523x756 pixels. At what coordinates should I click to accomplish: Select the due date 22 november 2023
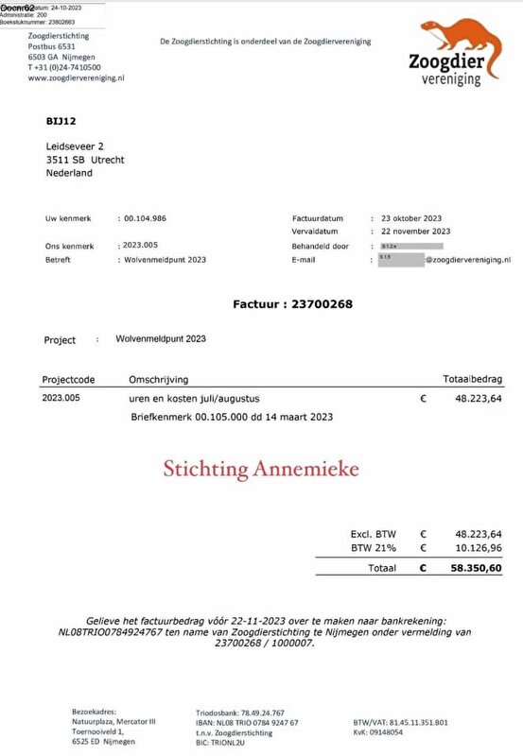pos(415,231)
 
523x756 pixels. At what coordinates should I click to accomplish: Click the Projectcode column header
pos(69,379)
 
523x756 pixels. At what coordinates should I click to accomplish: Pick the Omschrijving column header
pos(159,379)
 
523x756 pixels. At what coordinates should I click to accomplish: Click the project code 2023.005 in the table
pos(61,399)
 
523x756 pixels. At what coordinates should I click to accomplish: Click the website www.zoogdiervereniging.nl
pos(78,78)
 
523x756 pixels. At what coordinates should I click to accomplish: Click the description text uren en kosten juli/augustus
pos(189,399)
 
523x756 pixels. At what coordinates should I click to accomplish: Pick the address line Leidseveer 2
pos(75,146)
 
